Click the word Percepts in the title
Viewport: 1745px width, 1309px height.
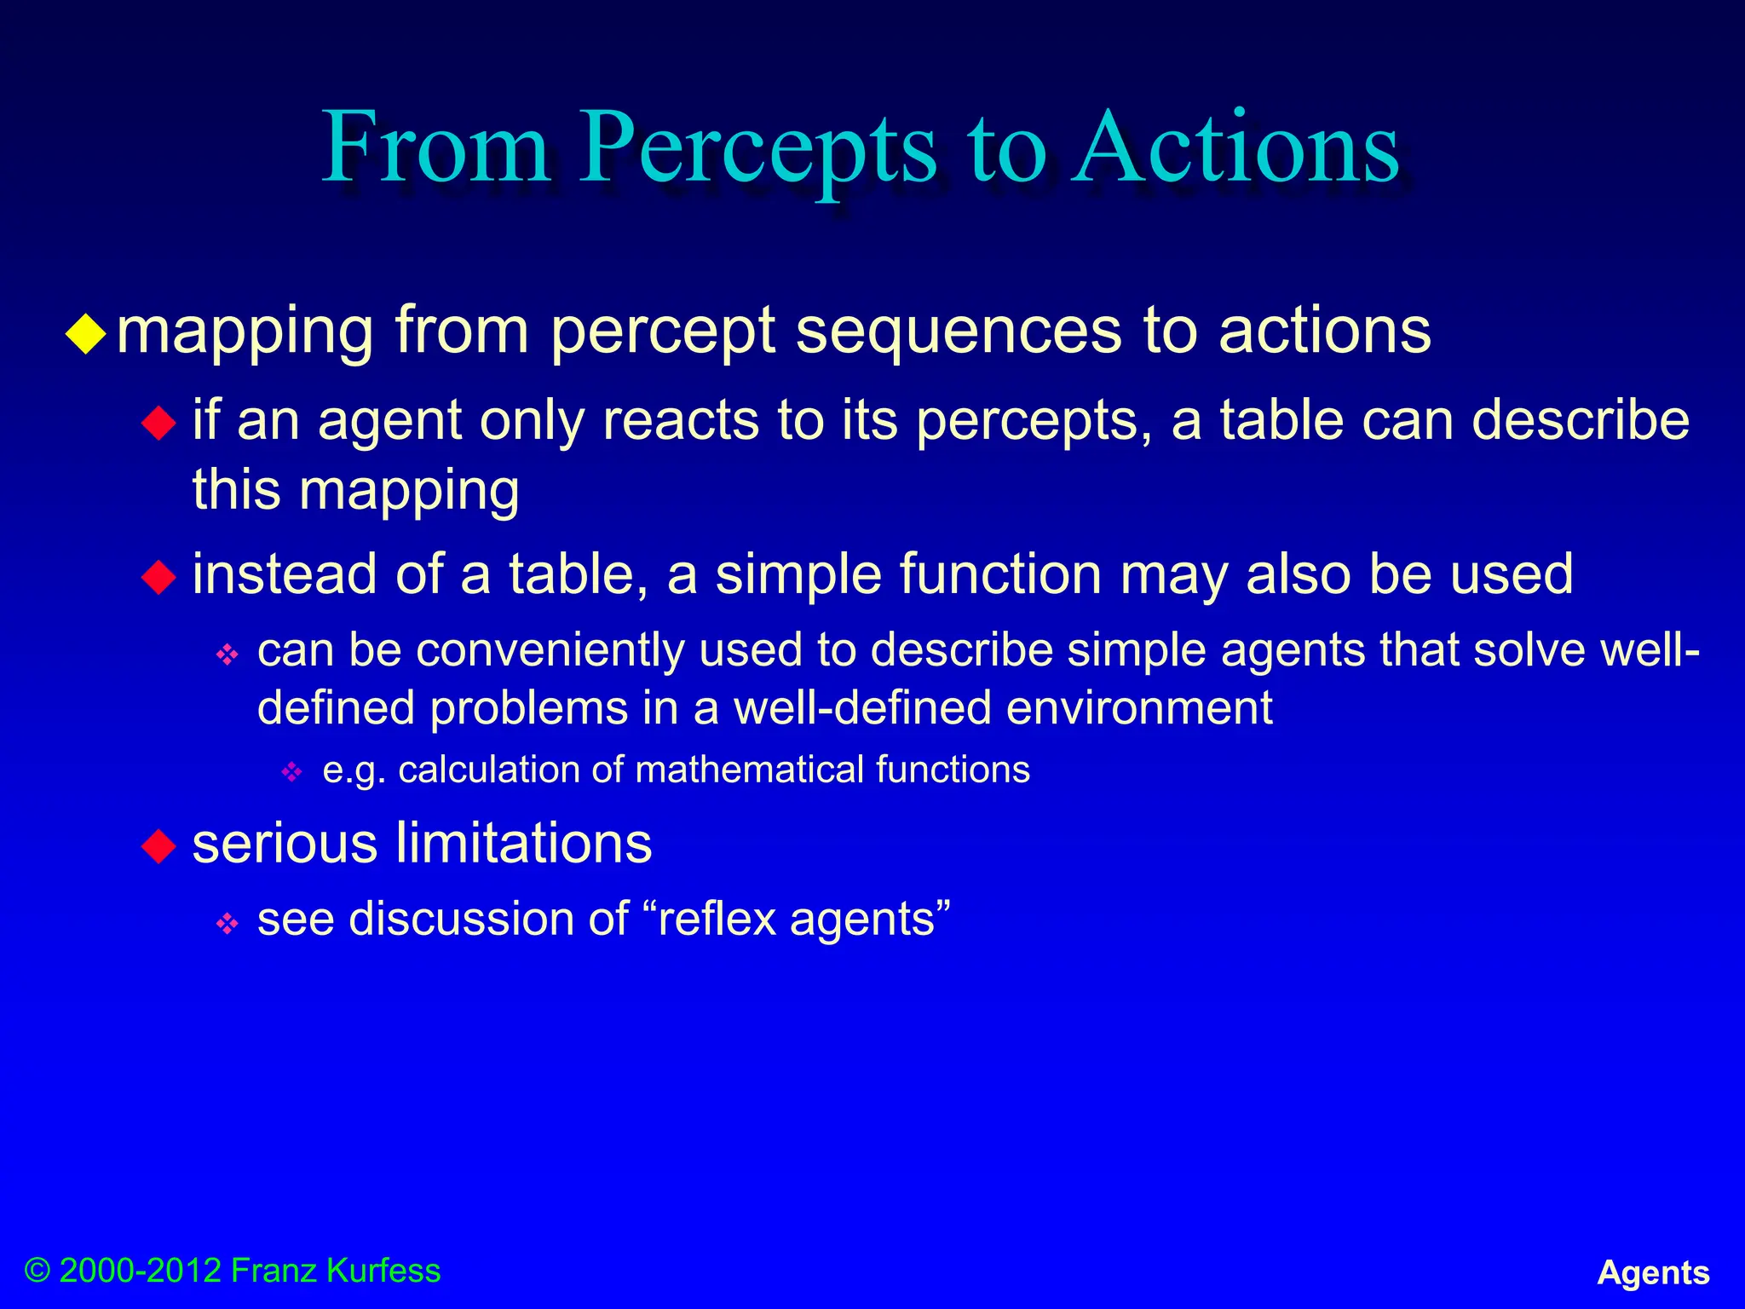click(x=758, y=149)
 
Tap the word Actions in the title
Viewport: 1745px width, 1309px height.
click(x=1235, y=149)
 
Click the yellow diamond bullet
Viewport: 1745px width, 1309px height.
click(x=86, y=334)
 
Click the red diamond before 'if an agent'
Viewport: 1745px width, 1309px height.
click(x=158, y=423)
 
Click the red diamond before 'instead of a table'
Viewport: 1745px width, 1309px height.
click(x=158, y=577)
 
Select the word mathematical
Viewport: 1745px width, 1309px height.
click(x=750, y=770)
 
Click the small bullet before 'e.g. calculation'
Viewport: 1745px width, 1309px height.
click(x=292, y=772)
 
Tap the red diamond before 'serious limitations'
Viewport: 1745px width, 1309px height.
click(x=158, y=846)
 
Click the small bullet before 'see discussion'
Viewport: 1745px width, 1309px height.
click(x=227, y=923)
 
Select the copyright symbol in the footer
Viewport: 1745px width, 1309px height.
click(x=37, y=1271)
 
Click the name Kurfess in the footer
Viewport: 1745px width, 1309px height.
click(x=383, y=1271)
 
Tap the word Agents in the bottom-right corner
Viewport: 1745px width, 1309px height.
click(x=1653, y=1272)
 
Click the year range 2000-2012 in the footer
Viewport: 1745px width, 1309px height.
click(x=141, y=1271)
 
